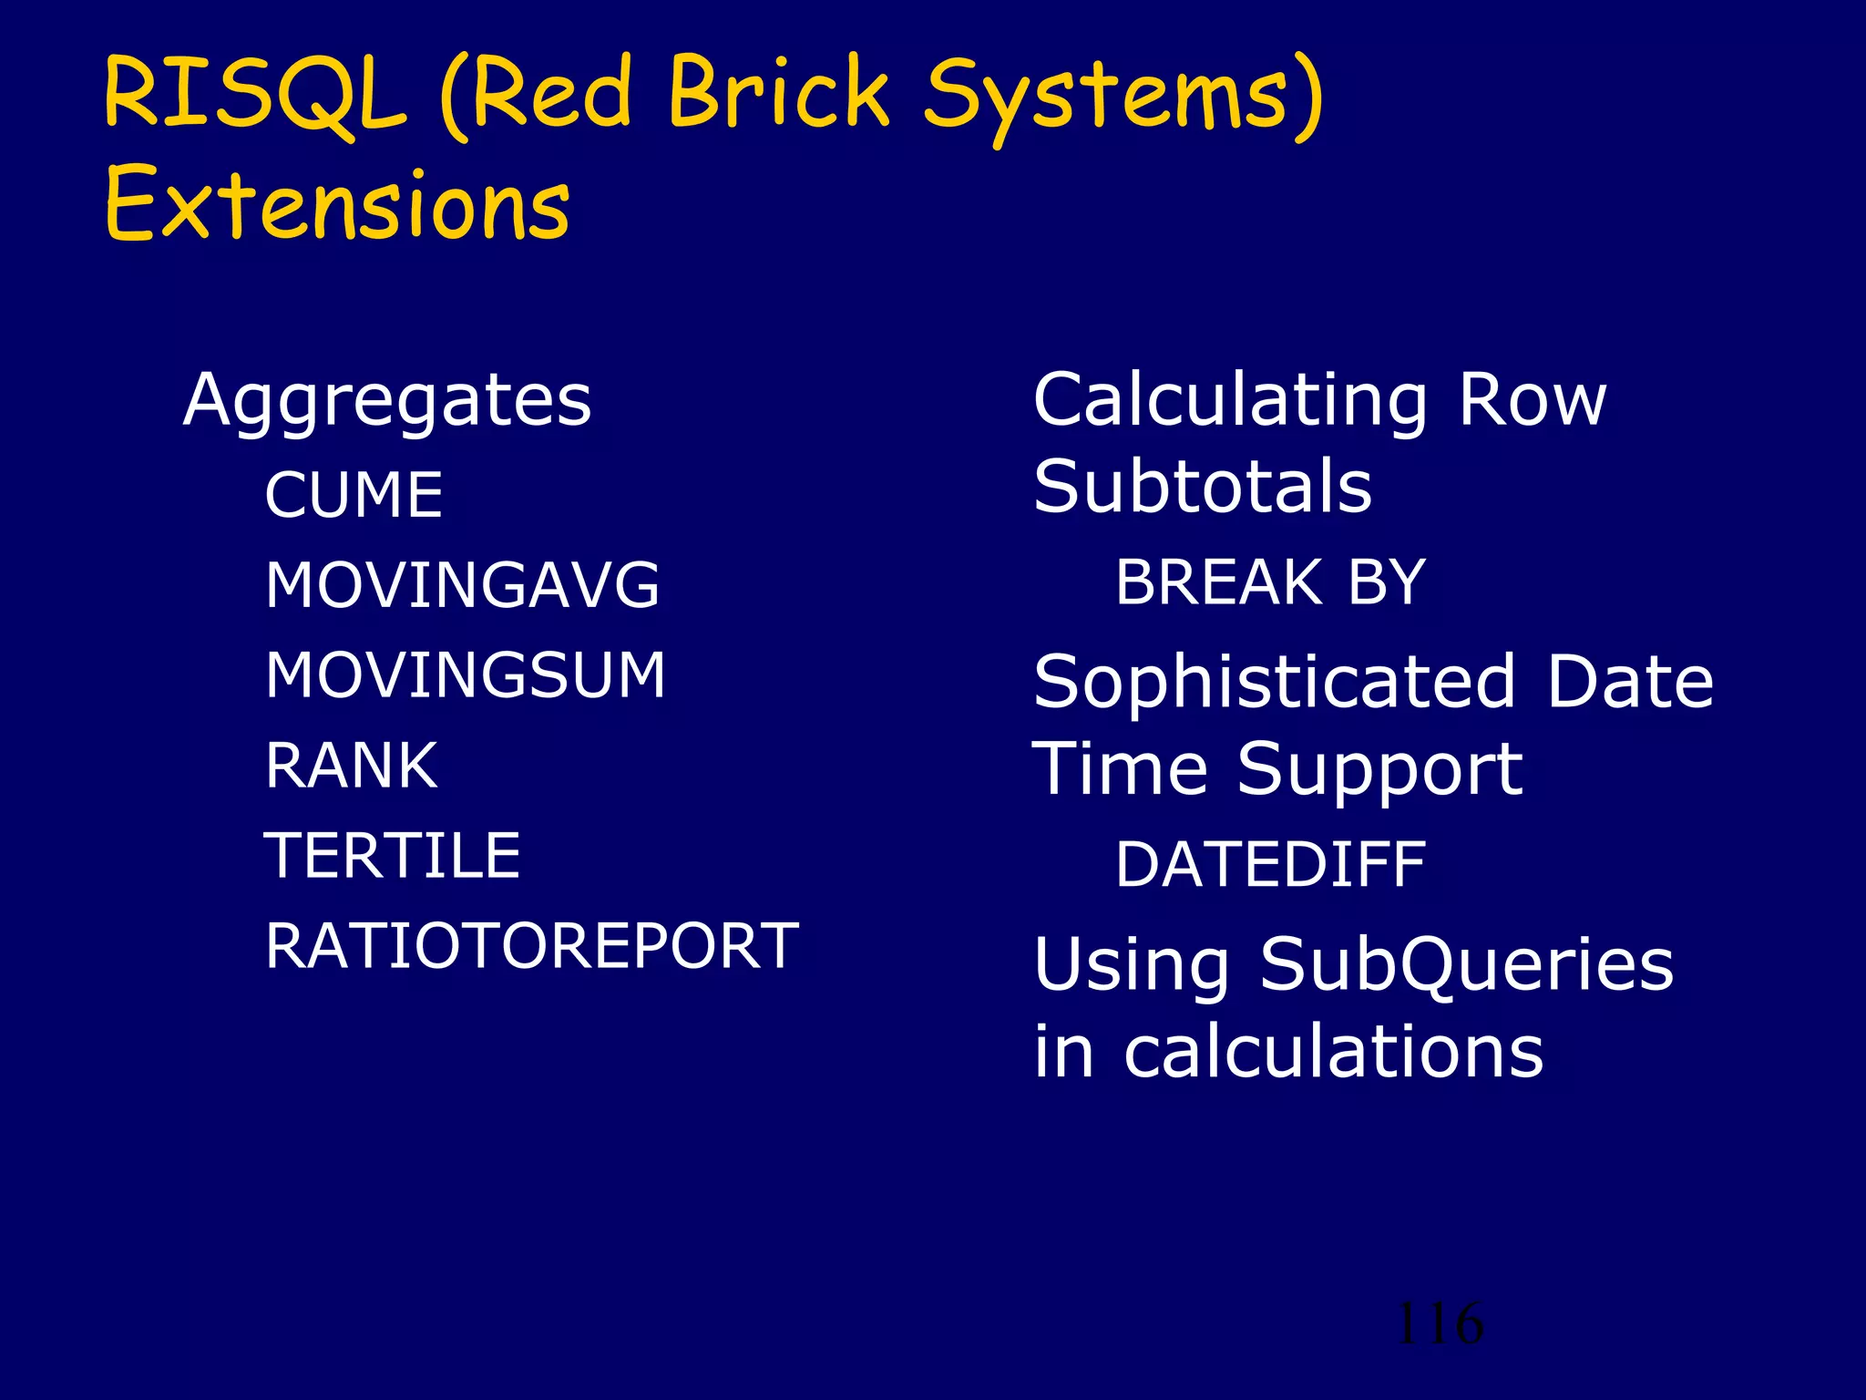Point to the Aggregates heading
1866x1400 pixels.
click(387, 401)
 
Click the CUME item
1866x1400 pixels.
click(354, 495)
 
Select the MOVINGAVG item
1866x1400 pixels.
click(462, 585)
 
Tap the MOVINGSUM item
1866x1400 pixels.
click(466, 675)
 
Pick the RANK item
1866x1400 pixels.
click(352, 766)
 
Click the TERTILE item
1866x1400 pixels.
click(392, 856)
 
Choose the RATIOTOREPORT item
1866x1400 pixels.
click(532, 946)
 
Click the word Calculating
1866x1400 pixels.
click(1230, 401)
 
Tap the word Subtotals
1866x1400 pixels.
click(1202, 487)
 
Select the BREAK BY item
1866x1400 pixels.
click(1270, 582)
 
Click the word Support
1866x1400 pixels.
click(1379, 770)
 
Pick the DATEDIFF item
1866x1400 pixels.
click(1270, 865)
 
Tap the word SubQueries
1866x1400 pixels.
click(1466, 964)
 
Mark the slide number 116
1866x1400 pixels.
click(1439, 1323)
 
